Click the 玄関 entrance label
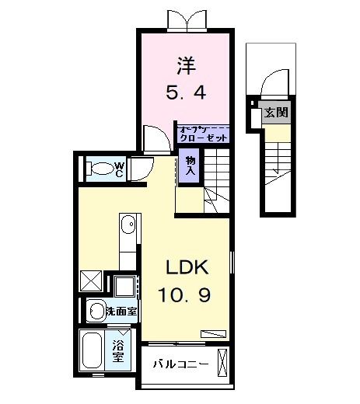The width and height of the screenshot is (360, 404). point(276,113)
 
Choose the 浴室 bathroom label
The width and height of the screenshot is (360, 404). point(117,351)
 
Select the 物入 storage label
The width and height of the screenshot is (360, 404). point(190,164)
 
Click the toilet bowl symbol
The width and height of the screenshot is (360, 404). point(100,168)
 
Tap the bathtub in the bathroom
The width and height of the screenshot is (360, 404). point(94,352)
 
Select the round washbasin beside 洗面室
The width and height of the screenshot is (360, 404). point(96,311)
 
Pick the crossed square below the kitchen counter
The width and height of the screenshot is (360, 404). point(91,279)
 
